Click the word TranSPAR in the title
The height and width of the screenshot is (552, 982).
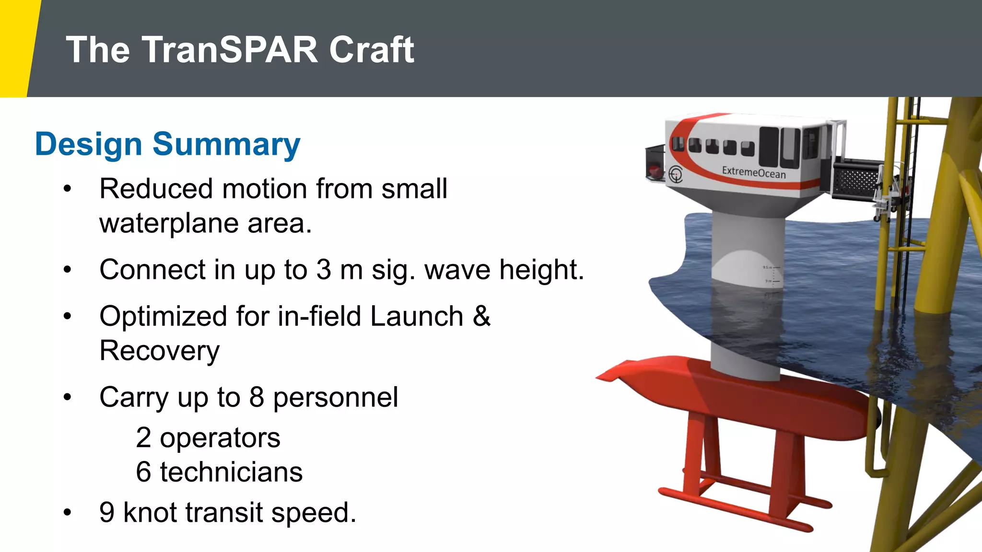tap(229, 50)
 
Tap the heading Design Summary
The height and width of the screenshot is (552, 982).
tap(167, 144)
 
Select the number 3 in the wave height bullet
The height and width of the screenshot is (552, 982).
tap(324, 270)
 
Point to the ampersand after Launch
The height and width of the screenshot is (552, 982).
tap(481, 317)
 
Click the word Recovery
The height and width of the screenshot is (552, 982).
tap(159, 351)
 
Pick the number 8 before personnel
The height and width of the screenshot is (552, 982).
tap(257, 397)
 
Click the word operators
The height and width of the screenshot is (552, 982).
tap(220, 438)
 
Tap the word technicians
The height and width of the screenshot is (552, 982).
tap(231, 472)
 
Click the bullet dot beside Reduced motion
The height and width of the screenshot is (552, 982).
tap(67, 189)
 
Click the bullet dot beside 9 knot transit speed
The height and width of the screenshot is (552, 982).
tap(67, 513)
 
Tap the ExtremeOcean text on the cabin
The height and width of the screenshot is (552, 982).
tap(754, 172)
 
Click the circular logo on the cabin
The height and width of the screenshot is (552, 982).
tap(676, 173)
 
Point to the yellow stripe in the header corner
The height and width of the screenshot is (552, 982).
tap(17, 48)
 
